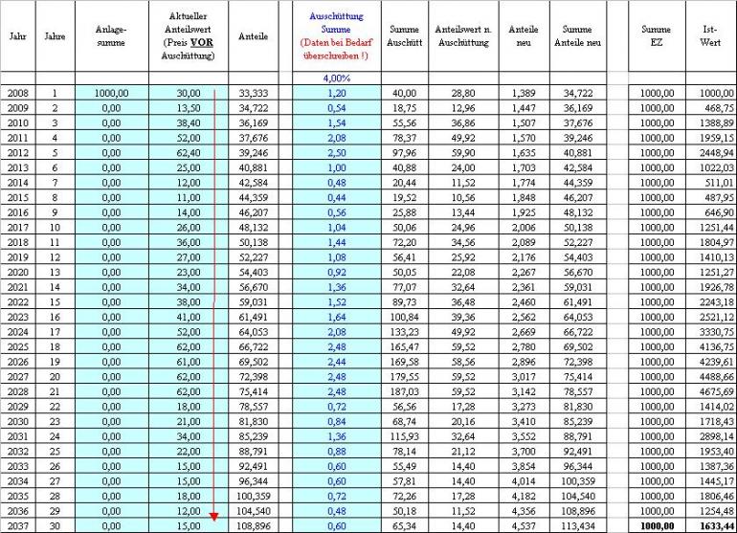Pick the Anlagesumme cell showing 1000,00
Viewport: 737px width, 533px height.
111,93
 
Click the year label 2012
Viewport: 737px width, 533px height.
17,151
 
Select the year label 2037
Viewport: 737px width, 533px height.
17,525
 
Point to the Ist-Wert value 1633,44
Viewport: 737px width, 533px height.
710,525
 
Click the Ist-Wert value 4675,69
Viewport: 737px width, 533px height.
710,390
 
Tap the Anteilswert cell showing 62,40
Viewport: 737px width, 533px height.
188,151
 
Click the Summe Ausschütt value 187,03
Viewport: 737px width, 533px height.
404,390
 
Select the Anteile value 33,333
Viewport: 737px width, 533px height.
251,93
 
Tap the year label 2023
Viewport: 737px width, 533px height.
17,316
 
